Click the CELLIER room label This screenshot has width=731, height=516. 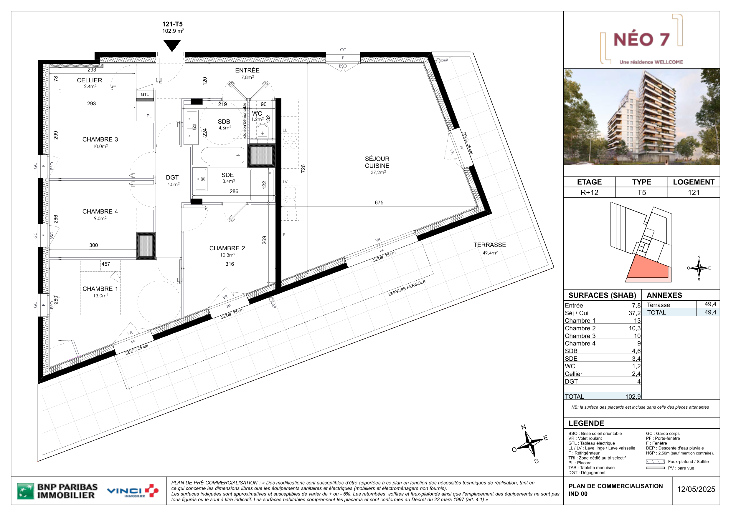click(90, 80)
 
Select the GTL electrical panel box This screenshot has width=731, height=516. click(145, 94)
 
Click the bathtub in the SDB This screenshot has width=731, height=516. click(222, 155)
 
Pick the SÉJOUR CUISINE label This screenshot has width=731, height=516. click(377, 162)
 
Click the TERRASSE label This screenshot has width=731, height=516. click(489, 245)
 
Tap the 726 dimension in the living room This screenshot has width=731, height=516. click(303, 169)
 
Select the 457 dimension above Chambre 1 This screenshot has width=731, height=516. click(106, 264)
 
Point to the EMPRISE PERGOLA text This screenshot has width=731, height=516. click(407, 288)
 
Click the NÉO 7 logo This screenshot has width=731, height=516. click(641, 39)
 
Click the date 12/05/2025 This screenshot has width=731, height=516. click(696, 489)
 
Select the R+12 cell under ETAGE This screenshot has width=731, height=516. click(589, 192)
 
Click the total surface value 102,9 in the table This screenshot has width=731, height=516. click(633, 397)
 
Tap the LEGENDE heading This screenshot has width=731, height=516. click(586, 423)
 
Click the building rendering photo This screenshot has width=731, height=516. click(641, 117)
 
